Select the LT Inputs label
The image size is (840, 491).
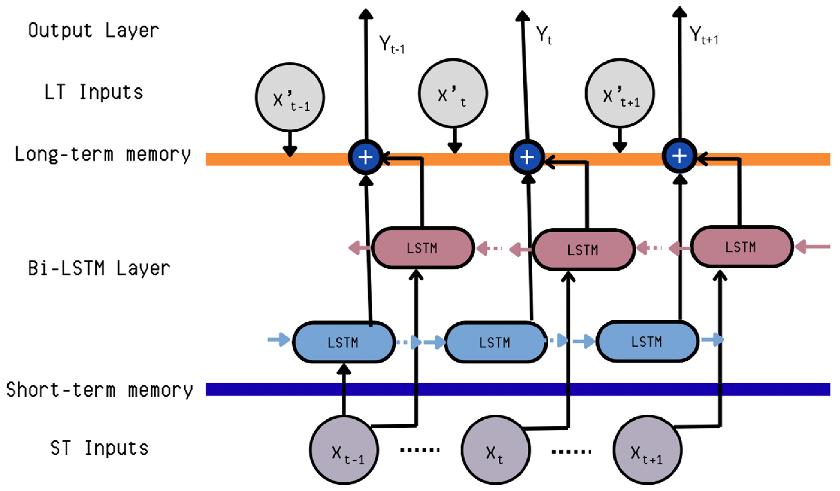[x=94, y=92]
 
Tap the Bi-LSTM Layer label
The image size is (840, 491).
[x=99, y=268]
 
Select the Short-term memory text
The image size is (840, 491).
[x=99, y=390]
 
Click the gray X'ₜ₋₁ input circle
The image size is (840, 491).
[x=290, y=97]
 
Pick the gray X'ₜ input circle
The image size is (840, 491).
[x=453, y=93]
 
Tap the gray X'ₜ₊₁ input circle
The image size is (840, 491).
[x=620, y=93]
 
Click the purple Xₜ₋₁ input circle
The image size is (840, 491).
[x=344, y=450]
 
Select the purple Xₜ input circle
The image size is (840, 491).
[x=496, y=450]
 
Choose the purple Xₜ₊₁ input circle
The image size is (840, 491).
[x=647, y=450]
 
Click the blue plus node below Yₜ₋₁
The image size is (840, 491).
[x=366, y=157]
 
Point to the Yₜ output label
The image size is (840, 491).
[x=544, y=35]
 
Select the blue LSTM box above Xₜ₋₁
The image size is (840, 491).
[x=344, y=343]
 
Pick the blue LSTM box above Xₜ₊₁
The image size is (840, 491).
[x=647, y=341]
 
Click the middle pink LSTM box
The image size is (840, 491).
[x=583, y=250]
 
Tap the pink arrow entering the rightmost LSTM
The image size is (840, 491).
[x=812, y=247]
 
